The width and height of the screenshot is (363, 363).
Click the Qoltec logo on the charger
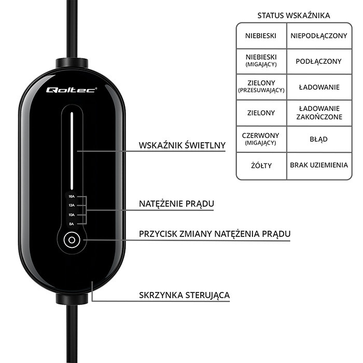[x=71, y=90]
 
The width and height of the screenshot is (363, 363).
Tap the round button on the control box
[x=71, y=240]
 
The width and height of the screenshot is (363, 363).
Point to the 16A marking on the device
[x=72, y=197]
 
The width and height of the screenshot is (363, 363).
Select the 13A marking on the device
[x=72, y=205]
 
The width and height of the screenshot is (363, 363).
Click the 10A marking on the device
[x=72, y=214]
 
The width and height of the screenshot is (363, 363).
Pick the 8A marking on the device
[x=72, y=223]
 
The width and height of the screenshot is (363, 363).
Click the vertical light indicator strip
[x=71, y=150]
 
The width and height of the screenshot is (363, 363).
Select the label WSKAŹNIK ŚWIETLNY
[x=181, y=145]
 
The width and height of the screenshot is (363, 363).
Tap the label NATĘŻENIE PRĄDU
[x=176, y=204]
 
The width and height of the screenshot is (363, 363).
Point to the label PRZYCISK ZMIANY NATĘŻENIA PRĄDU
[x=214, y=234]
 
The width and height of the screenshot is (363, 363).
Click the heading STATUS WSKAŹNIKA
[x=294, y=15]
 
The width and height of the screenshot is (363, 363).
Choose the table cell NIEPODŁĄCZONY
[x=319, y=36]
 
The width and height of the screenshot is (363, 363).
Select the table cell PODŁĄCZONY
[x=319, y=61]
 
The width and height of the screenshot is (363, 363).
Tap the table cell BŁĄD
[x=319, y=139]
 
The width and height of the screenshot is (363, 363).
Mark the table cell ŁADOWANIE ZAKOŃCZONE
[x=319, y=113]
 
